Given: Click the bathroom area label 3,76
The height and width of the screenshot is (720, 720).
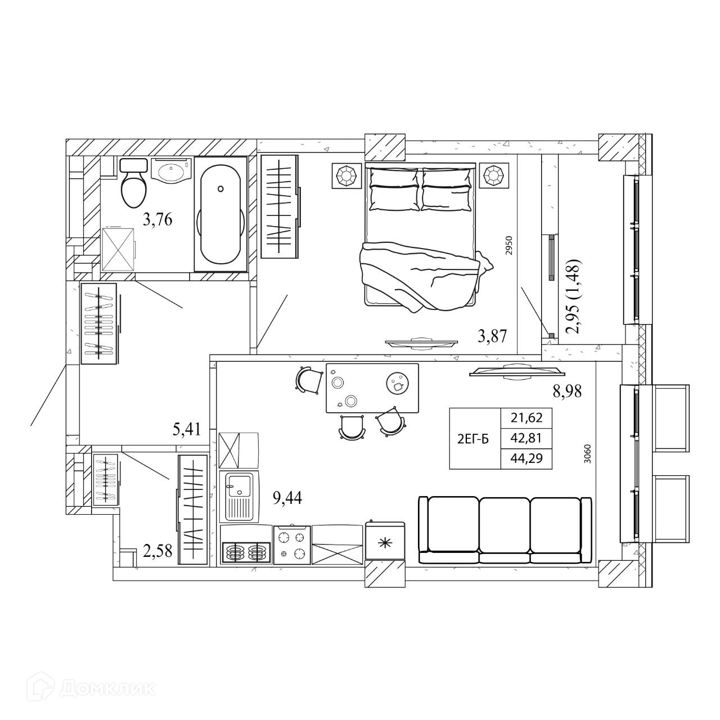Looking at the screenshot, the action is pos(157,220).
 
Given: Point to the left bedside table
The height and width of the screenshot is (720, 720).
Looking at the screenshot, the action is pos(347,175).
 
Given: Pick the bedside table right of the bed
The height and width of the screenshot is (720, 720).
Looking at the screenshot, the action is pos(494,175).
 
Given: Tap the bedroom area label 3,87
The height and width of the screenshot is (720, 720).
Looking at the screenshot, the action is pos(492,336).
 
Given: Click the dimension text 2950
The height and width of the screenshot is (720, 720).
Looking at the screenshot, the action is pos(511,245).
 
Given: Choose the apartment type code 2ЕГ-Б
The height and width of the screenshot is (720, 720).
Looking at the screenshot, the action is pos(473,439).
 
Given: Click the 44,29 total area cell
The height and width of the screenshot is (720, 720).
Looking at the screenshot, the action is pos(526,458).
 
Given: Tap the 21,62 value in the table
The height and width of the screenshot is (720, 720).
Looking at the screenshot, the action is pos(526,417).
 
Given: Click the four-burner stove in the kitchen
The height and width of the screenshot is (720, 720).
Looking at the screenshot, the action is pos(292,546).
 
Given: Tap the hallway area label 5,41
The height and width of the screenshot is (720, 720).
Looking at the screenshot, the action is pos(187,429).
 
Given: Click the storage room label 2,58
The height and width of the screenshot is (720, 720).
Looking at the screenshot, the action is pos(157,551).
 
